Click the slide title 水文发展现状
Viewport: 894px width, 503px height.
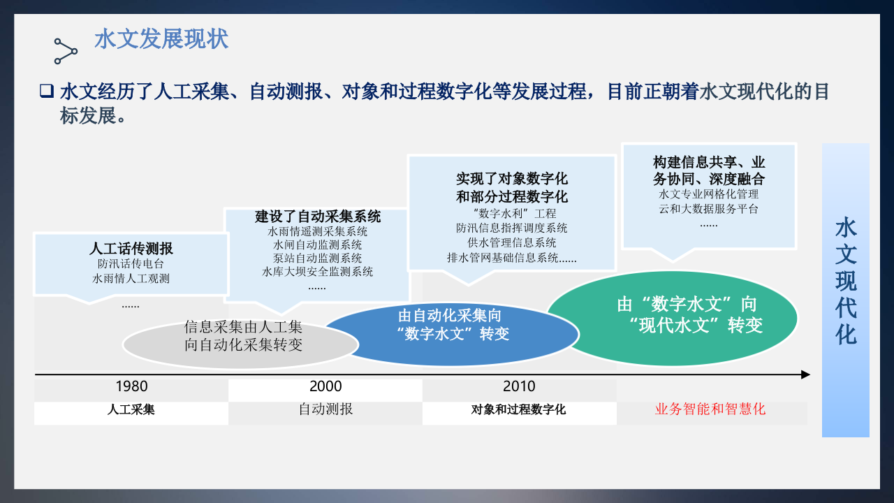coord(161,39)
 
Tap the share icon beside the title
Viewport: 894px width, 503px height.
coord(66,50)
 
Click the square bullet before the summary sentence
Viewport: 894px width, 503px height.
coord(47,91)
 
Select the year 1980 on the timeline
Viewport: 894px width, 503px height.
coord(131,386)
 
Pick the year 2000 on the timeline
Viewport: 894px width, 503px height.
coord(325,386)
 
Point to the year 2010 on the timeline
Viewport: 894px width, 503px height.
coord(519,386)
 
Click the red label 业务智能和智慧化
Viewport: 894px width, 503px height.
coord(710,409)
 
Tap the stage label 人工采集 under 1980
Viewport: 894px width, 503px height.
coord(131,409)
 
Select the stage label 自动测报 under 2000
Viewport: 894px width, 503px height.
coord(325,409)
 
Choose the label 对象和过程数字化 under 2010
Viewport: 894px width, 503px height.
coord(519,409)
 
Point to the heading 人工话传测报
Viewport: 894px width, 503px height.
coord(131,249)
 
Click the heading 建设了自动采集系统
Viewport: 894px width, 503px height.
coord(318,217)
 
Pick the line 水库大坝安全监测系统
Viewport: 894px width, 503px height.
coord(318,272)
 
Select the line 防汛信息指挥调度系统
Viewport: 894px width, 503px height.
coord(512,228)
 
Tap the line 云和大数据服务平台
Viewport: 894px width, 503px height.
coord(709,209)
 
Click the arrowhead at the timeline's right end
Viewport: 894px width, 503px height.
coord(806,374)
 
